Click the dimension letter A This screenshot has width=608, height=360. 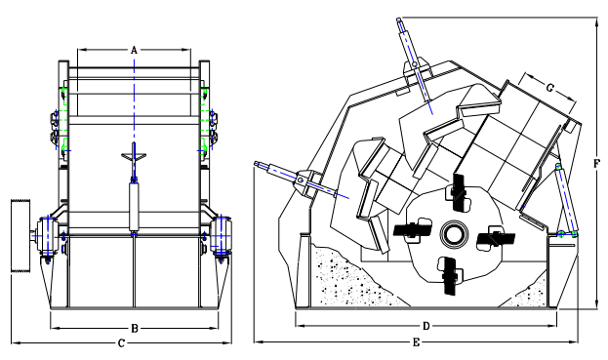[x=134, y=50]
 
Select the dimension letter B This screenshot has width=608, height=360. [x=134, y=329]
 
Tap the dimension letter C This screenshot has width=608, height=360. [x=121, y=343]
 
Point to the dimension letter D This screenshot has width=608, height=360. [x=426, y=326]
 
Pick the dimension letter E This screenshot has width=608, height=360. [x=416, y=342]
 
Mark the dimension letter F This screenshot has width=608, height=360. [x=596, y=164]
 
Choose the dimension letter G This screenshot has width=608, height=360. [x=549, y=88]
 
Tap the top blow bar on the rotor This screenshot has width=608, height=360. [x=459, y=192]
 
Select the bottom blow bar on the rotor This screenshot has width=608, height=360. [x=450, y=275]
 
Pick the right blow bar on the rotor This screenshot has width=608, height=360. [x=496, y=238]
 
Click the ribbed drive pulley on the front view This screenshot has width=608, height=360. [x=20, y=236]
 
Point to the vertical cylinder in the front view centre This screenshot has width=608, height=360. [x=134, y=208]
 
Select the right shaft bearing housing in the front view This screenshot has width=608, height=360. [x=222, y=235]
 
